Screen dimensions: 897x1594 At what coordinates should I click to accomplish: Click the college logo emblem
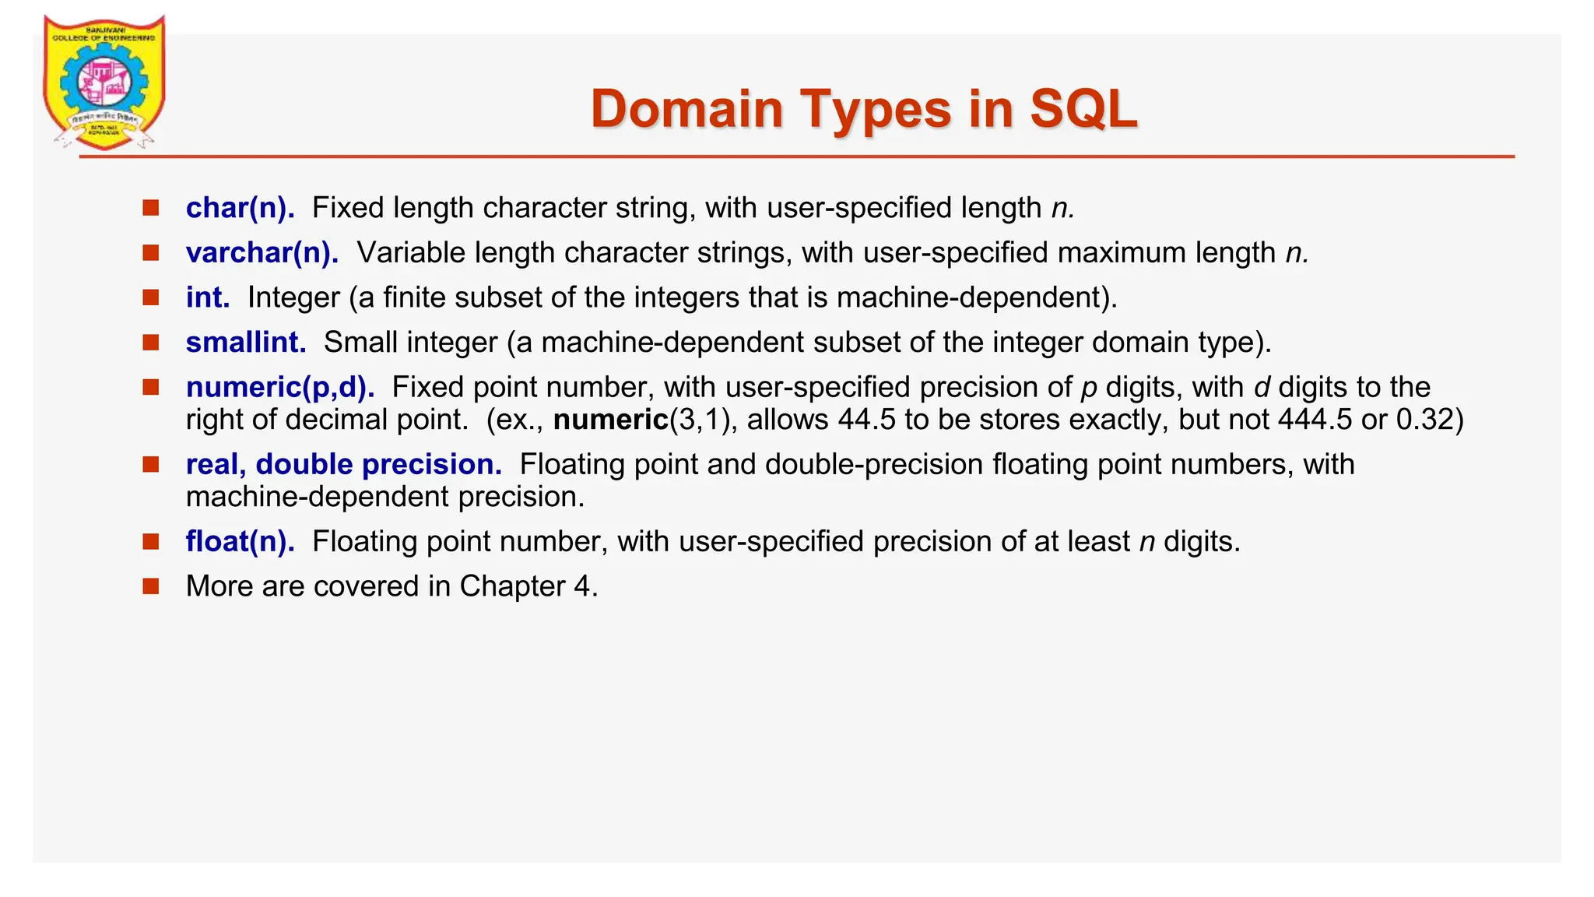pos(104,83)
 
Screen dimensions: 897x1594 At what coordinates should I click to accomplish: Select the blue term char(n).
pos(241,208)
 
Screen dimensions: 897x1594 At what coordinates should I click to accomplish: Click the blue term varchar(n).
pos(262,253)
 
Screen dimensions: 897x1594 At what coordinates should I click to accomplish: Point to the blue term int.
pos(208,297)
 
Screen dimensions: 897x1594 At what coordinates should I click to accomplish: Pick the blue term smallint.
pos(246,343)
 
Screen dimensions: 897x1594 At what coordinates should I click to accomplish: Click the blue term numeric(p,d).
pos(280,387)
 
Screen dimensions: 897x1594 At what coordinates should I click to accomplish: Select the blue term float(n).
pos(241,541)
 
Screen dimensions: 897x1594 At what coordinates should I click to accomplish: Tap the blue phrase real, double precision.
pos(344,465)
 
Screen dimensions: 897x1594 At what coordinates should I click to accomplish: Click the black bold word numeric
pos(611,420)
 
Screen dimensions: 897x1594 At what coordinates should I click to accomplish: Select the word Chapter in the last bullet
pos(512,586)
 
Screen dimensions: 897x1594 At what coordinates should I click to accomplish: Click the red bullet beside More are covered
pos(151,586)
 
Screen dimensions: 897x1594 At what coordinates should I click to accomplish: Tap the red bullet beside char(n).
pos(151,207)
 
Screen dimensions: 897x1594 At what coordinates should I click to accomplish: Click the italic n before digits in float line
pos(1146,542)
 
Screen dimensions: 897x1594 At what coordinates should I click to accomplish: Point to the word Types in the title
pos(876,109)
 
